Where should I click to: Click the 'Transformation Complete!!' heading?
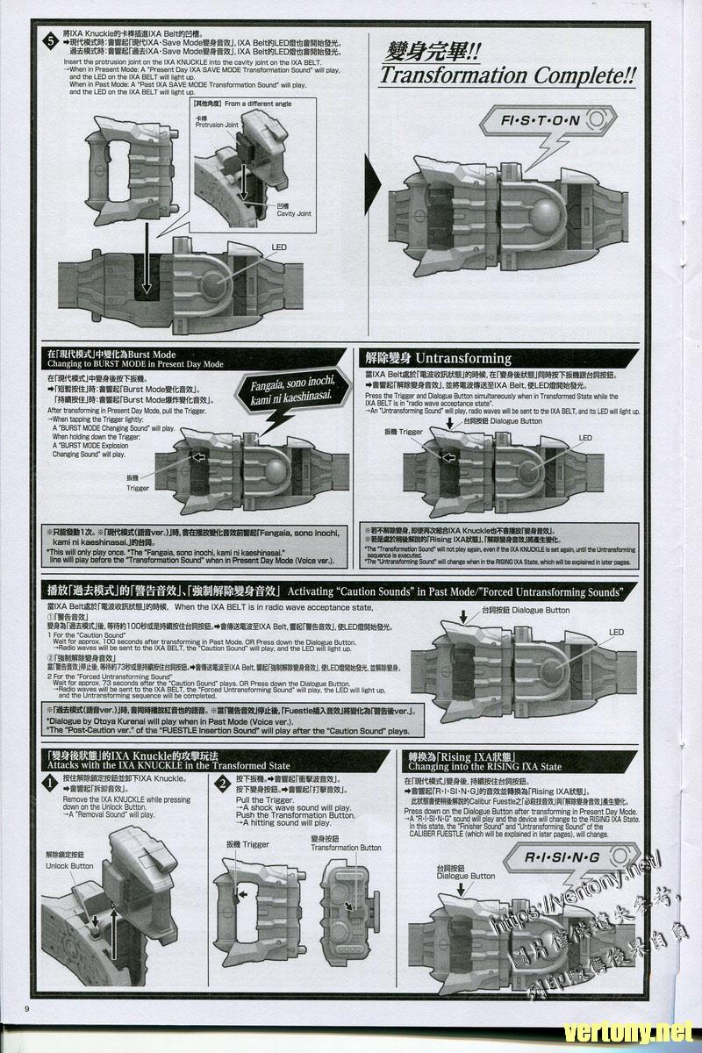[507, 75]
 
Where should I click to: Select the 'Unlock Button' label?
[69, 865]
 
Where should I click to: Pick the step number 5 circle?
[50, 39]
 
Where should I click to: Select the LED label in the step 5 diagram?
[279, 248]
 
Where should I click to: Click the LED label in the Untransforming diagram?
[585, 438]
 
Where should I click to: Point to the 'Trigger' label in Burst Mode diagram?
[138, 488]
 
